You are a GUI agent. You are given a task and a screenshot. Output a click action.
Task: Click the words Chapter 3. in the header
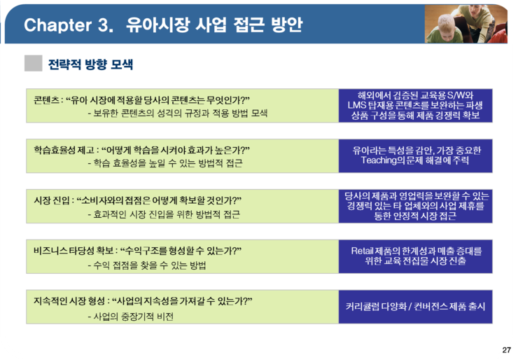(69, 25)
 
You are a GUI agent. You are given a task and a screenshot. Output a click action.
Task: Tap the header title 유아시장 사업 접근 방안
(214, 25)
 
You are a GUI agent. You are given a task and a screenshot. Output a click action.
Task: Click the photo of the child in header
(465, 24)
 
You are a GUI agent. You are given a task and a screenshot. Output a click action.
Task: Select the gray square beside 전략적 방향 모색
(34, 63)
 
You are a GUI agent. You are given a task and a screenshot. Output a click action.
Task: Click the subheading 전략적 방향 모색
(90, 64)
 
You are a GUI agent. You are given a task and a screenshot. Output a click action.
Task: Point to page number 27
(506, 349)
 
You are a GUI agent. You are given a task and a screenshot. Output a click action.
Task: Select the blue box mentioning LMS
(415, 106)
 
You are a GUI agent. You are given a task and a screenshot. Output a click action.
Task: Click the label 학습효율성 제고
(64, 150)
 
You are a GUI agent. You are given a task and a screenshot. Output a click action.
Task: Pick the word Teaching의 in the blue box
(383, 160)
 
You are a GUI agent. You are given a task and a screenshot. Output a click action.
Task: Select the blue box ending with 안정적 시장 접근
(415, 207)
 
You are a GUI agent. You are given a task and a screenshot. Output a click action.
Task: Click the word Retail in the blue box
(362, 251)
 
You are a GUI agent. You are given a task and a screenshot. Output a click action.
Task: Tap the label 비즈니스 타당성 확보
(73, 251)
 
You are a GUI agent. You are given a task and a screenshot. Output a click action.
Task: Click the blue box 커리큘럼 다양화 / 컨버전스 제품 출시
(415, 307)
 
